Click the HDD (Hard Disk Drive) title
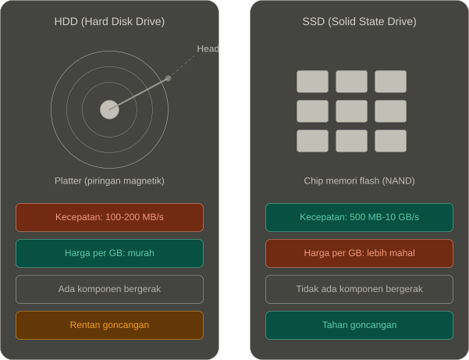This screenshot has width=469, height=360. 109,22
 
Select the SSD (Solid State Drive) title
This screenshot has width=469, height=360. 359,22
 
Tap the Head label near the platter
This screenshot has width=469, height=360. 208,48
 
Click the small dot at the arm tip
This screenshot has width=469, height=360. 168,78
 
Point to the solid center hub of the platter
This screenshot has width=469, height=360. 109,109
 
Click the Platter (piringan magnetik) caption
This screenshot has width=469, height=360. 109,180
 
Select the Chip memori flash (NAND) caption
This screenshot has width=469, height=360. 359,180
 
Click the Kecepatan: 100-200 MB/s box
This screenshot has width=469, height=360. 109,217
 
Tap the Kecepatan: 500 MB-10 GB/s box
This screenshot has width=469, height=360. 359,217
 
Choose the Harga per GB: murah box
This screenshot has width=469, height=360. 109,253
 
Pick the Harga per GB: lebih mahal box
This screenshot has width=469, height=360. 359,253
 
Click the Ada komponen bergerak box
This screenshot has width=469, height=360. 109,289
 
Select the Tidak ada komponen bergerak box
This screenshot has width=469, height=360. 359,289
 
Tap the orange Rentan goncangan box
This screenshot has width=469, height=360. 109,325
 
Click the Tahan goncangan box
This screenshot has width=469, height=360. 359,325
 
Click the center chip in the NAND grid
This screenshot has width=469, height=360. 351,112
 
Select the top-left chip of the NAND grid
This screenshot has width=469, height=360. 313,81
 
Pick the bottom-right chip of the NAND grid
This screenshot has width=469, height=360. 391,141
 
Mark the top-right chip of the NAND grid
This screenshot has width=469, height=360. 391,81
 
